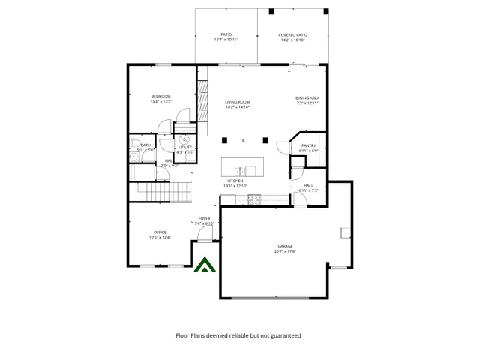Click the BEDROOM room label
(x=161, y=96)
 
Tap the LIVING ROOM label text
(x=238, y=102)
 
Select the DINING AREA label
(x=307, y=97)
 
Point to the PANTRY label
(x=308, y=146)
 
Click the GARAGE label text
(x=285, y=246)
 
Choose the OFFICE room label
(x=160, y=232)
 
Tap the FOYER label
(x=204, y=218)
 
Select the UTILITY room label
(x=184, y=148)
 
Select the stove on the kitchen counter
(x=254, y=199)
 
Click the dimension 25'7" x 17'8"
(x=285, y=252)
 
